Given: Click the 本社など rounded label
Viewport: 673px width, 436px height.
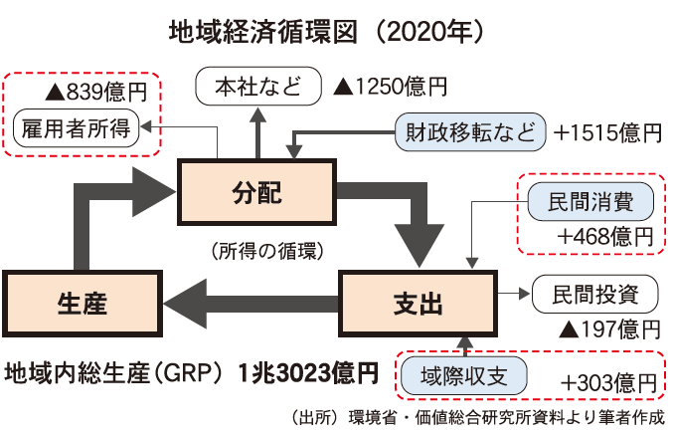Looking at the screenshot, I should [x=258, y=87].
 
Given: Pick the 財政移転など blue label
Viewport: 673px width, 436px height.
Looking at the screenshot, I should [x=470, y=131].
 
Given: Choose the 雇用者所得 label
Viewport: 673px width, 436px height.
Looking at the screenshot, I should [x=78, y=129].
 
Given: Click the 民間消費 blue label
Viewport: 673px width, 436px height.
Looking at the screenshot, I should [x=589, y=202].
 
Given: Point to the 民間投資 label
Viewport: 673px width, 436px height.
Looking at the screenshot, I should [x=595, y=295].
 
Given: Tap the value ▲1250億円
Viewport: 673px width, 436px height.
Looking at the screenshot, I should [x=390, y=88].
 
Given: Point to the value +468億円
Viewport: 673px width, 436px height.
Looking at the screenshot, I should [x=605, y=237].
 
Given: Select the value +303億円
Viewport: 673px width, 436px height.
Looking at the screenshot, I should [x=608, y=382].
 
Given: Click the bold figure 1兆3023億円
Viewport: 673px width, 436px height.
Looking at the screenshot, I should [x=307, y=375].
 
